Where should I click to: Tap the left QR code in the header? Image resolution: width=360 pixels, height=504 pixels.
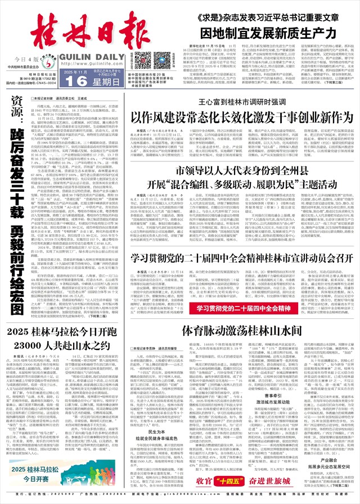[x=137, y=58]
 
